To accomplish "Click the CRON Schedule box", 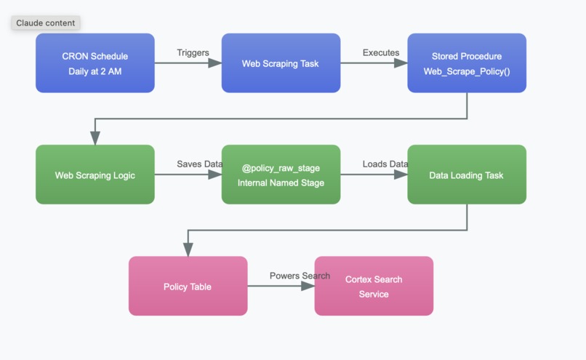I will coord(95,63).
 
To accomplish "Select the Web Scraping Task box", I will coord(281,63).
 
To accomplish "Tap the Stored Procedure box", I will coord(466,63).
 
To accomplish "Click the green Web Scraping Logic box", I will coord(95,175).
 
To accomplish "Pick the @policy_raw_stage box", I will coord(281,175).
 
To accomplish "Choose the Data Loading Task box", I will coord(466,175).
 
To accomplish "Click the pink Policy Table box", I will coord(188,286).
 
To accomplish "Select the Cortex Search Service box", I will coord(374,286).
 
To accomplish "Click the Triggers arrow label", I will coord(193,52).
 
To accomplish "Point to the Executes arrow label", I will coord(381,52).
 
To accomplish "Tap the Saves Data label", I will coord(199,164).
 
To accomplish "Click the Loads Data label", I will coord(385,164).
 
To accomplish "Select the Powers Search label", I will coord(300,276).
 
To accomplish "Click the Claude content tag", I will coord(45,23).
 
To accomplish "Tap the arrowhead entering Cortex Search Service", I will coord(308,286).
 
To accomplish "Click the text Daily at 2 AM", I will coord(95,71).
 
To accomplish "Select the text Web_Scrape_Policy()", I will coord(466,71).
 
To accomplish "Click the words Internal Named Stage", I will coord(281,183).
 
